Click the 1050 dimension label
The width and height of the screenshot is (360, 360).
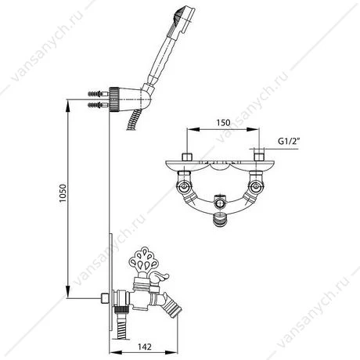(63, 193)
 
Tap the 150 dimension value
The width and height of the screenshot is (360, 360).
(223, 123)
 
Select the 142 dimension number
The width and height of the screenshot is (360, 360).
(144, 347)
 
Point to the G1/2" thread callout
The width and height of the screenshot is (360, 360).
(288, 141)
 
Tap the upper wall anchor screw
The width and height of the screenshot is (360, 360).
(99, 93)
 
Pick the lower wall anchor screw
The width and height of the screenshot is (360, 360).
(99, 106)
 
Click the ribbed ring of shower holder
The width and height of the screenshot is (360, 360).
(114, 99)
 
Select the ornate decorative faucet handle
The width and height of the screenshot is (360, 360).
(142, 260)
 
